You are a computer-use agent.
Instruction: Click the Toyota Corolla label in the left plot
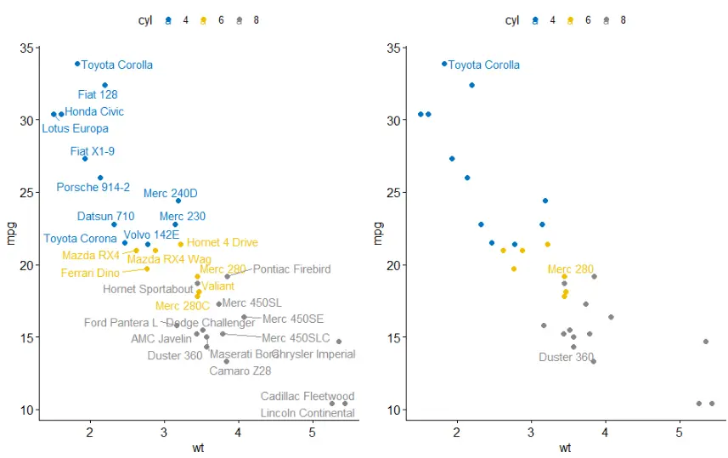click(117, 65)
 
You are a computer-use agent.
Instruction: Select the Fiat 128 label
click(98, 95)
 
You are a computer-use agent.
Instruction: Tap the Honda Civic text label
click(94, 112)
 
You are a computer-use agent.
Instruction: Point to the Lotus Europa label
click(75, 129)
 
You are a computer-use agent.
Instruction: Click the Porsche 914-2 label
click(93, 188)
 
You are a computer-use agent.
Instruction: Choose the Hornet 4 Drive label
click(222, 243)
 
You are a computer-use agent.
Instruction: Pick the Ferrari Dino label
click(90, 274)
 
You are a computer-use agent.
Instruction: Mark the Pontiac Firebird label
click(291, 269)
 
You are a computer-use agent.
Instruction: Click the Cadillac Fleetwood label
click(307, 397)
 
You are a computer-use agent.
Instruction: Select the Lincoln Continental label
click(307, 414)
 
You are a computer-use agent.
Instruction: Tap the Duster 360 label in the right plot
click(567, 358)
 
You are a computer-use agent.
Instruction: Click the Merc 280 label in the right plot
click(571, 269)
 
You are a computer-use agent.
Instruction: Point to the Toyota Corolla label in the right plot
click(484, 65)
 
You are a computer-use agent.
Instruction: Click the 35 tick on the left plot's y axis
click(27, 48)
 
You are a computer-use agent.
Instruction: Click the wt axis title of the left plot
click(198, 448)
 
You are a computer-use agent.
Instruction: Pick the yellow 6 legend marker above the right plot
click(570, 20)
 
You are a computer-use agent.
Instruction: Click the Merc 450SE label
click(293, 319)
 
